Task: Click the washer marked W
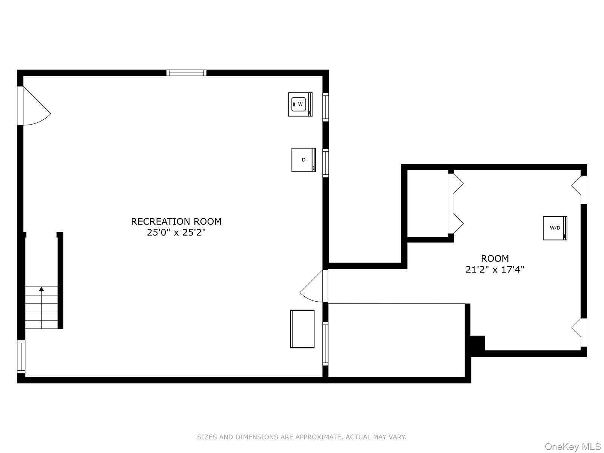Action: pyautogui.click(x=300, y=104)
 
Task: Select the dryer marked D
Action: pyautogui.click(x=303, y=160)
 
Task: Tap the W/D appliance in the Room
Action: pyautogui.click(x=555, y=228)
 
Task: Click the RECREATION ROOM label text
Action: pyautogui.click(x=176, y=222)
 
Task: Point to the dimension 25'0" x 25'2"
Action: pyautogui.click(x=176, y=233)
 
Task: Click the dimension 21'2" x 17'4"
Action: pyautogui.click(x=495, y=270)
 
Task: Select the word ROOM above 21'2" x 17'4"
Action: pyautogui.click(x=495, y=259)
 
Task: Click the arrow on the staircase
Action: pyautogui.click(x=42, y=289)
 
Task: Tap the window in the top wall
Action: pyautogui.click(x=186, y=73)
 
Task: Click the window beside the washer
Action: pyautogui.click(x=325, y=107)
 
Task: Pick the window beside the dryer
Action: pyautogui.click(x=325, y=163)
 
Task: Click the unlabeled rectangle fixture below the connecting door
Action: pyautogui.click(x=302, y=329)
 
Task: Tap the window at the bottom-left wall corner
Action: pyautogui.click(x=21, y=357)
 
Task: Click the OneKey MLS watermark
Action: pyautogui.click(x=572, y=447)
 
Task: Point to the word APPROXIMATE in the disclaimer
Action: pyautogui.click(x=318, y=437)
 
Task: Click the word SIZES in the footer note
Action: pyautogui.click(x=207, y=437)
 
